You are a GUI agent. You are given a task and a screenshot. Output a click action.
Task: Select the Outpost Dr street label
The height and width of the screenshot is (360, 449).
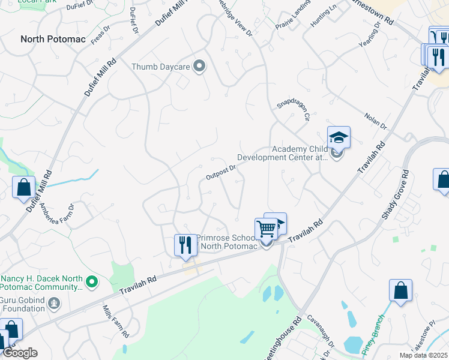click(220, 172)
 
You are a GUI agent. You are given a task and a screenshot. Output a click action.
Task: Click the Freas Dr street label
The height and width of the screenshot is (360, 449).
click(101, 36)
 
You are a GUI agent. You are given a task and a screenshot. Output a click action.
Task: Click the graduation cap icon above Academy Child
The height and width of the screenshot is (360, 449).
click(339, 137)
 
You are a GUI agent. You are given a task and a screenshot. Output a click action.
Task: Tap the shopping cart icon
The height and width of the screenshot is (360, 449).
click(266, 229)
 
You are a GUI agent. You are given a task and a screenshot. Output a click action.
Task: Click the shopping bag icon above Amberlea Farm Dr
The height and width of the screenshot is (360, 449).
click(23, 187)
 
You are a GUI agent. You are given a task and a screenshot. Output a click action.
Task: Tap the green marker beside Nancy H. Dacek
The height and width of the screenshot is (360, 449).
click(91, 281)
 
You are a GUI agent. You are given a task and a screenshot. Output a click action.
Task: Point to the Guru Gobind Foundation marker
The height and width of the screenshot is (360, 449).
click(55, 303)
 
